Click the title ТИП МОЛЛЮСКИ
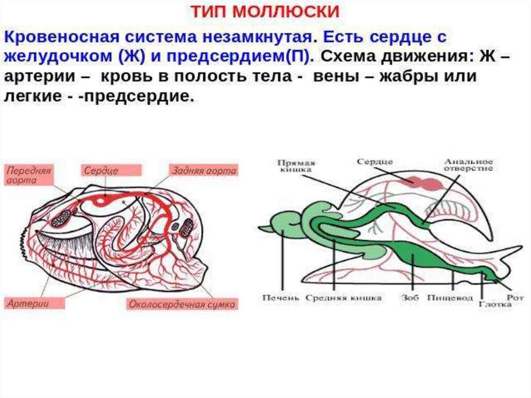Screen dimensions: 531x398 (265, 11)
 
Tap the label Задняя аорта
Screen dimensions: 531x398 (204, 170)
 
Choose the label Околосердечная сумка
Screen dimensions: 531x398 (181, 304)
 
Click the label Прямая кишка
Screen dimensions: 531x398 (296, 166)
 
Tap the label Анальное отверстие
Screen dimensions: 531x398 (468, 165)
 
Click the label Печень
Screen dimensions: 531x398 (281, 298)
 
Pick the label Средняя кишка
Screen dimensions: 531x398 (344, 298)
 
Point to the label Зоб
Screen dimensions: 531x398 (409, 298)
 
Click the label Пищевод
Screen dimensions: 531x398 (443, 298)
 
